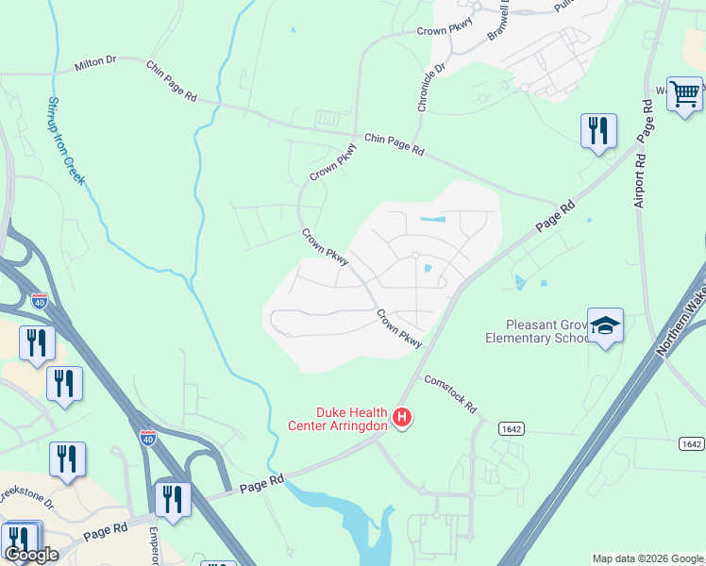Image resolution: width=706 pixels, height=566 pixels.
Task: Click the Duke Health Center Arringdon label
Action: (x=337, y=419)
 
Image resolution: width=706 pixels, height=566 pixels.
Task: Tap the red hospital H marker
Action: (x=403, y=417)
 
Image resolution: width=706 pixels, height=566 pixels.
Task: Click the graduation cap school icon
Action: (x=605, y=326)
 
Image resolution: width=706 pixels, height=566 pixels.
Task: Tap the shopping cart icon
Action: (x=684, y=95)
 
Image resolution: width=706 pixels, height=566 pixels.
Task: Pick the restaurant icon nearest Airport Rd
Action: (x=598, y=132)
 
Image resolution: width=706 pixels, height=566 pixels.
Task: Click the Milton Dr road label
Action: (x=94, y=63)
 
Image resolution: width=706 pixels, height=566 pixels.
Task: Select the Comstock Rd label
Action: (x=450, y=389)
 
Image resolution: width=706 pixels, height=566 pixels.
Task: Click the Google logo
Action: (x=31, y=555)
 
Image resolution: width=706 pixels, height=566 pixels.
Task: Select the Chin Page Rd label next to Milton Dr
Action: (x=172, y=81)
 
